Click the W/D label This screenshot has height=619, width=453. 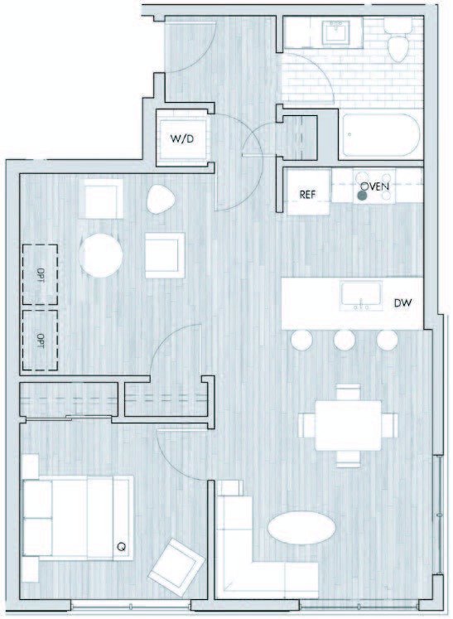click(182, 139)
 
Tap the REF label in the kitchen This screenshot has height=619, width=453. click(307, 194)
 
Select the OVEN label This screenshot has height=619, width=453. click(375, 186)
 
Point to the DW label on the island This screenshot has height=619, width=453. click(402, 303)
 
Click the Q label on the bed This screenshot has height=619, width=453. click(122, 547)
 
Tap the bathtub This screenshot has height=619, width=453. click(380, 135)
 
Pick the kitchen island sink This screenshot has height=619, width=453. click(361, 295)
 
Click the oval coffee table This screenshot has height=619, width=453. click(301, 528)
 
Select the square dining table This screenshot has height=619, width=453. click(349, 425)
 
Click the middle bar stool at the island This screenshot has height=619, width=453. click(345, 340)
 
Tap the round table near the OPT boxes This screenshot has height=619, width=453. click(101, 255)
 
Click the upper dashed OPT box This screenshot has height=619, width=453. click(40, 275)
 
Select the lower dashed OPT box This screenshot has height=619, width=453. click(40, 341)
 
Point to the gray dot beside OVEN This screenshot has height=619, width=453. click(362, 196)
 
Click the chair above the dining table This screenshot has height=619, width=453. click(348, 392)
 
